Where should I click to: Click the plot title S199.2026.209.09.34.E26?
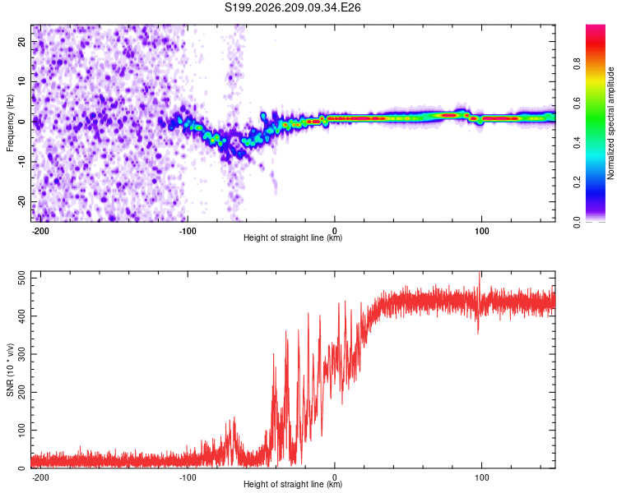click(292, 7)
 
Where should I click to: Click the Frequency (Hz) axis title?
click(10, 123)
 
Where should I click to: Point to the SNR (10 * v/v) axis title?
click(10, 370)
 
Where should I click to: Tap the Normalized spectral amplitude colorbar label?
click(610, 123)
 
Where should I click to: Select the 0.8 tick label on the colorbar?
click(577, 64)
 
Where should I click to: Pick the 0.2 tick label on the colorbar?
click(577, 182)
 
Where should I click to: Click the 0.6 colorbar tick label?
click(577, 104)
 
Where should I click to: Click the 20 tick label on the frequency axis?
click(21, 42)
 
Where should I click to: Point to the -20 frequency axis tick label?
click(21, 201)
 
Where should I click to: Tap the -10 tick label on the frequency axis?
click(21, 162)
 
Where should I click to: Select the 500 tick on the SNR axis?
click(21, 279)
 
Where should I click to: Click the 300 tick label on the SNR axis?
click(21, 354)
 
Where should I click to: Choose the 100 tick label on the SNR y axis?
click(21, 430)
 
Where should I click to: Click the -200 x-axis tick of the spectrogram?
click(40, 231)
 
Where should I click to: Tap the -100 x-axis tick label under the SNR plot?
click(188, 477)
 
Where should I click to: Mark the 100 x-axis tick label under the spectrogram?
click(481, 231)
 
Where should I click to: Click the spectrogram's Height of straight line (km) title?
click(293, 237)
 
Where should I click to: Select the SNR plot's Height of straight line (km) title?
click(293, 484)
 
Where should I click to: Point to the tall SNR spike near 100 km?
click(479, 302)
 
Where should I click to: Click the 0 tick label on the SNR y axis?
click(21, 468)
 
